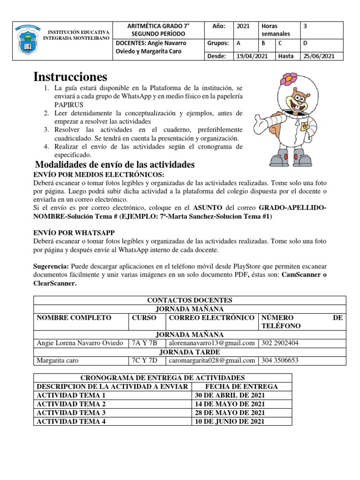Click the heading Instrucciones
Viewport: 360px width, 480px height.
pos(70,77)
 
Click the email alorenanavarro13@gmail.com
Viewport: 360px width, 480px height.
pos(211,343)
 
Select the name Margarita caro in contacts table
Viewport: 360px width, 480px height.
pos(58,360)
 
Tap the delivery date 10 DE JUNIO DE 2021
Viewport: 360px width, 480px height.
pos(230,421)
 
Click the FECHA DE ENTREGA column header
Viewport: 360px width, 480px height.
pos(242,386)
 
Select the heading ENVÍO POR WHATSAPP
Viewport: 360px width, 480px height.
pos(74,232)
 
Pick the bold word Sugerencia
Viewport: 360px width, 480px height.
pos(51,266)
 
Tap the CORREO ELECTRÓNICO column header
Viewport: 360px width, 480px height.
pos(211,318)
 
